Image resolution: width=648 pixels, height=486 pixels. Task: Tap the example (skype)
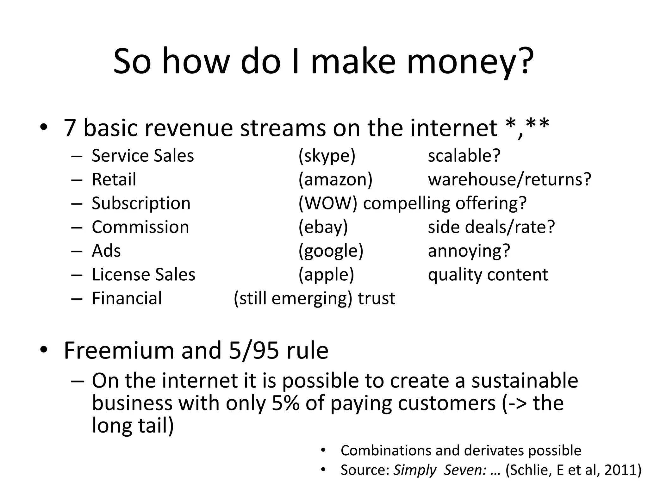point(327,156)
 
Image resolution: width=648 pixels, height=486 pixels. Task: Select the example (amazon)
point(335,180)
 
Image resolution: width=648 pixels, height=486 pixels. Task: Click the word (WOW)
point(328,203)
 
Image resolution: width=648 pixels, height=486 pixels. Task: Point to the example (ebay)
point(323,227)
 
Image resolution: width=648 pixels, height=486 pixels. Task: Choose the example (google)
point(331,251)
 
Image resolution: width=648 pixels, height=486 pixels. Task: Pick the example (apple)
point(326,275)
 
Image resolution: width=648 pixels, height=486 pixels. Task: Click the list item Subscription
point(141,203)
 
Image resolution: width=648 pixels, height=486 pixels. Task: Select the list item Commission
point(140,227)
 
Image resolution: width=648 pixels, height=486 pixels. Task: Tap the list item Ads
point(106,251)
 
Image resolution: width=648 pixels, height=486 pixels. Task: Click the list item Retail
point(114,180)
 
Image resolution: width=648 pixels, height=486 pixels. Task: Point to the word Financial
point(127,298)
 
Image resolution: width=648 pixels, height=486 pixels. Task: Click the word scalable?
point(464,156)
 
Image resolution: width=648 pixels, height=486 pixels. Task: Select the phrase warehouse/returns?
point(509,180)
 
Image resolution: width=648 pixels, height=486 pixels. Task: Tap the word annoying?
point(469,251)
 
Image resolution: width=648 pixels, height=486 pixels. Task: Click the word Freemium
point(119,351)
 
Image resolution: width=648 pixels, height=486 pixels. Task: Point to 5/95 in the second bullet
point(254,351)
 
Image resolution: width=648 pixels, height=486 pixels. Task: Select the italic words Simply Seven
point(439,470)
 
